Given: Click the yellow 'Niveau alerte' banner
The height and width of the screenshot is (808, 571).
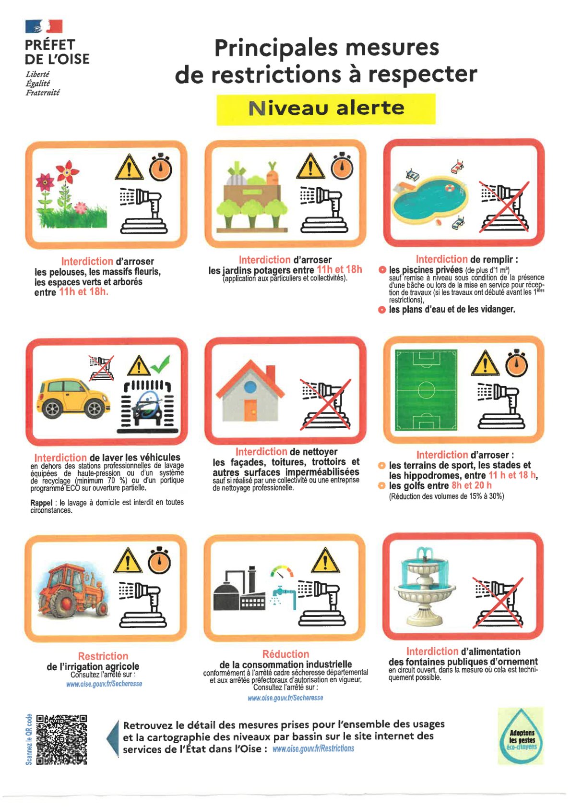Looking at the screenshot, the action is click(326, 109).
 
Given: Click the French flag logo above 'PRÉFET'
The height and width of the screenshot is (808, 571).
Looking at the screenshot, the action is click(44, 26).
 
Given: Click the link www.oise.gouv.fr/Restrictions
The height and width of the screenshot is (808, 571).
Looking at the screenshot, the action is click(313, 748).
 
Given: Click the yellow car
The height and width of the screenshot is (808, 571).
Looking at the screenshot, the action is click(74, 398).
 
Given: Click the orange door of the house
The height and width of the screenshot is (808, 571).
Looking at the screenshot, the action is click(250, 410).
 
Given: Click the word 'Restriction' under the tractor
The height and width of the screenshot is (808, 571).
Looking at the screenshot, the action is click(103, 656).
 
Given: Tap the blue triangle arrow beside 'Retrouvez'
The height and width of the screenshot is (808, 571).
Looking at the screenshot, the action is click(113, 738).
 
